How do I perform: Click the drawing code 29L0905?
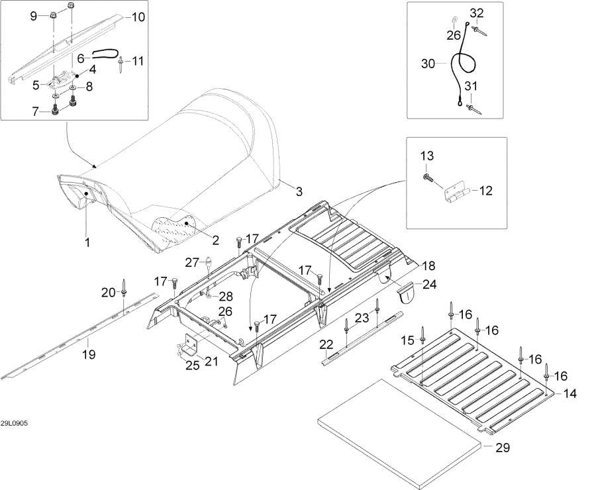click(14, 423)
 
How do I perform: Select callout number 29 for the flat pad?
click(503, 448)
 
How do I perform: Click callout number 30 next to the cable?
click(428, 64)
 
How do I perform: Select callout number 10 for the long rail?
click(138, 17)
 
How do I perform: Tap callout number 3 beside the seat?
click(299, 191)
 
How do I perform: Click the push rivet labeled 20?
click(124, 289)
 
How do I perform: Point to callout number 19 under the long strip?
click(89, 354)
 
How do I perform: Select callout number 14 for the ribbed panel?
click(570, 393)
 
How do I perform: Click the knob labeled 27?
click(209, 265)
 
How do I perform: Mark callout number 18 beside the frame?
click(428, 266)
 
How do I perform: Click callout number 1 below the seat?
click(87, 242)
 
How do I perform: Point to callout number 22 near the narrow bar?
click(326, 345)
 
